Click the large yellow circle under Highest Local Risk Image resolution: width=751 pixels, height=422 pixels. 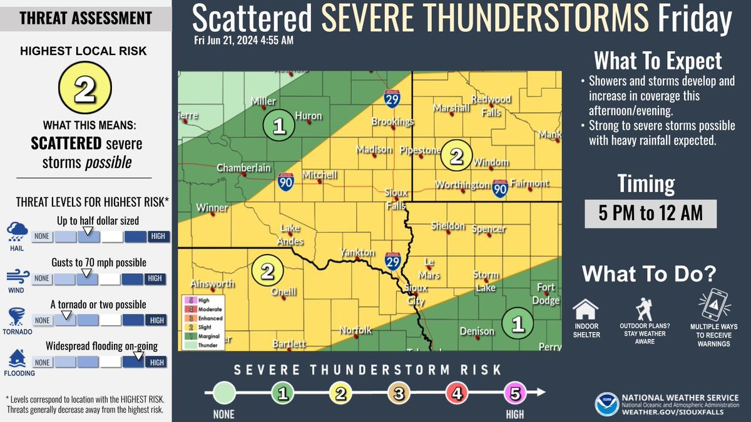point(85,89)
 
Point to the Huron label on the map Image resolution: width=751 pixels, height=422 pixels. point(308,116)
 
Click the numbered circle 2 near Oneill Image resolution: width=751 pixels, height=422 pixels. point(267,272)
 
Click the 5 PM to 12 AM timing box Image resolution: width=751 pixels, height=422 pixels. point(650,213)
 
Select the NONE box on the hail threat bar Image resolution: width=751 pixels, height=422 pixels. point(42,236)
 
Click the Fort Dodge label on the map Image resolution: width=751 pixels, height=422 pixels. point(547,294)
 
